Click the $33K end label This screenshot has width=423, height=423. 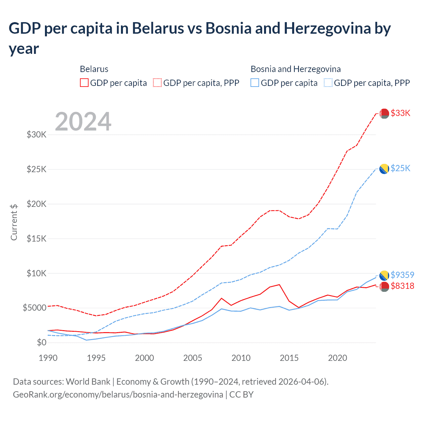(400, 113)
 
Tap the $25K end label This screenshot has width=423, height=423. (400, 168)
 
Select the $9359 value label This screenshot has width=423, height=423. (402, 275)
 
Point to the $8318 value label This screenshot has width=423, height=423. (402, 286)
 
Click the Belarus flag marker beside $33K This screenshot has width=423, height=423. (384, 113)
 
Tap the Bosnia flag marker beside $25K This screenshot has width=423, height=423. (384, 169)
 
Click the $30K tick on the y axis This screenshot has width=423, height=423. (36, 135)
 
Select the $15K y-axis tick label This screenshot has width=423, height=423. (36, 238)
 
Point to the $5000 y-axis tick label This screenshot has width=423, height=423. (34, 308)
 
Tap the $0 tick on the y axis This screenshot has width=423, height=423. (41, 342)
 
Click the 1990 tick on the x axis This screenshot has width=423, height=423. (48, 358)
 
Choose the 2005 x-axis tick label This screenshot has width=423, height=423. (193, 358)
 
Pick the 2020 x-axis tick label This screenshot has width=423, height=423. (337, 358)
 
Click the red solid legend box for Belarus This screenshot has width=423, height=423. (84, 83)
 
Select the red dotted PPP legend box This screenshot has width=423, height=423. (157, 83)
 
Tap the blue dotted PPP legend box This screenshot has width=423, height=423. (328, 83)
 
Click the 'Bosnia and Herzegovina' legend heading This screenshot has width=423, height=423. (295, 69)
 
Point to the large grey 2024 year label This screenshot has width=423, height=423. (83, 122)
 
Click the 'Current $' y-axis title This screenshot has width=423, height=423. (14, 222)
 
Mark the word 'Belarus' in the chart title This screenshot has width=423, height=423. (158, 28)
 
